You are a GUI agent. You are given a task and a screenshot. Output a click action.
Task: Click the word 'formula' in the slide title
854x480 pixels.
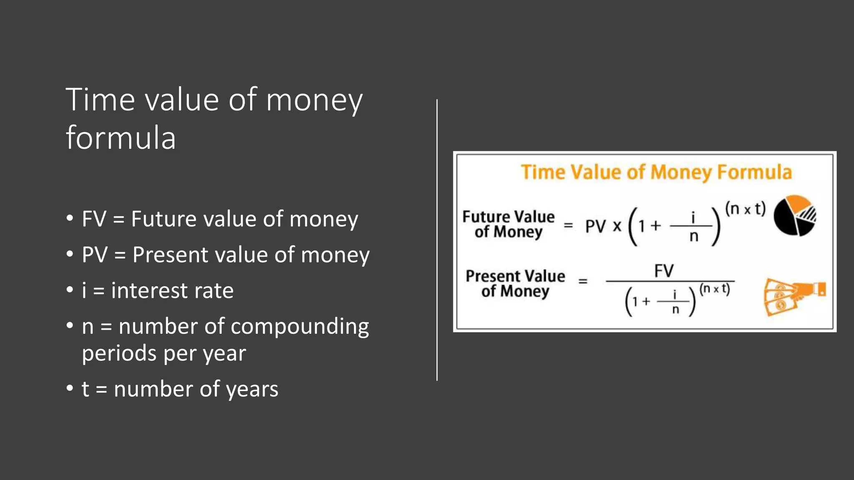121,137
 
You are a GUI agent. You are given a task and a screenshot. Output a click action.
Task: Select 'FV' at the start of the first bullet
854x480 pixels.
94,219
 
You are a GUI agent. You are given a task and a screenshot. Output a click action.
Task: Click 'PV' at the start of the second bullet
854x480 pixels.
95,255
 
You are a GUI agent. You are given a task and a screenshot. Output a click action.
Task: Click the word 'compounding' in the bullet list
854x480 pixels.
299,327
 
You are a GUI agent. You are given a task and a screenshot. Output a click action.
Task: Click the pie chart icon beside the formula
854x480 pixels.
795,215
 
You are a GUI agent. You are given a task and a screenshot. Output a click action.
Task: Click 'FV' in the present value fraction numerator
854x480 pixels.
664,271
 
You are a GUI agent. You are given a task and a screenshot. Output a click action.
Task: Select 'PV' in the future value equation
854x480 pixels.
595,226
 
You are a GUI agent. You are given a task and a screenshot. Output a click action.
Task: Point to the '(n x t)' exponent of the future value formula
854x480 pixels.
745,208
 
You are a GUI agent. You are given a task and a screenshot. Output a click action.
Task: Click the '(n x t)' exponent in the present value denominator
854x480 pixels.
715,289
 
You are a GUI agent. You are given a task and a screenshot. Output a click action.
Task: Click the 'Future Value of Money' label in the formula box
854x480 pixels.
508,224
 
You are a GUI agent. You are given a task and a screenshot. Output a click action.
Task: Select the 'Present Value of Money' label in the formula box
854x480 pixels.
515,283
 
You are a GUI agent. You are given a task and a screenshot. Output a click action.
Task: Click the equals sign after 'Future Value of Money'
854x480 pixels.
568,225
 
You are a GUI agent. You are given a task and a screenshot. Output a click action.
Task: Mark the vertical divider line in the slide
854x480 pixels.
437,240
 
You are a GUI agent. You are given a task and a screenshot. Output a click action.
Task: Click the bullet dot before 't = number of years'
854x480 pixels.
70,389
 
